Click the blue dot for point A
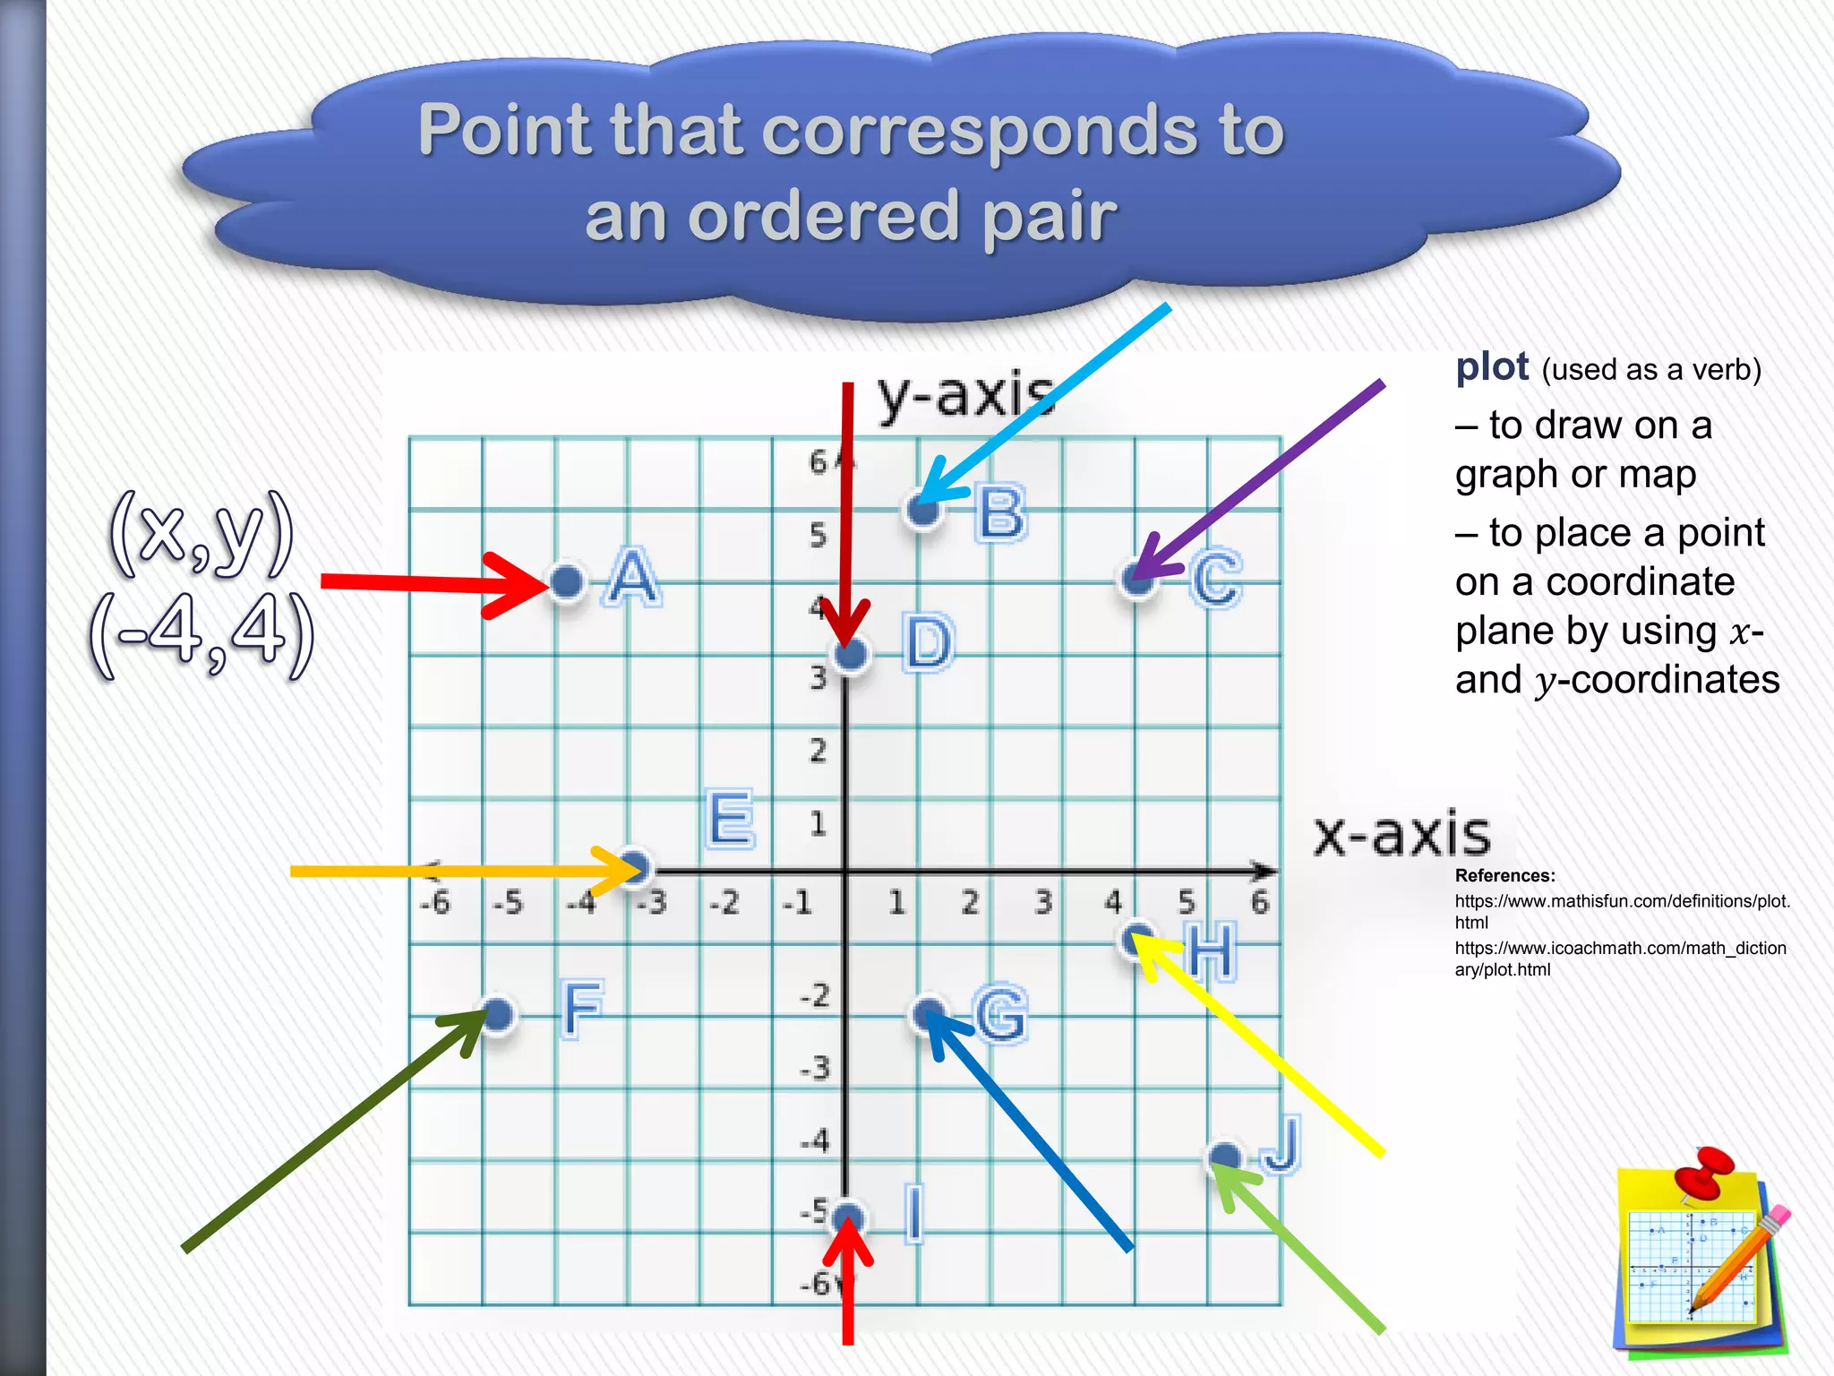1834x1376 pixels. (x=566, y=581)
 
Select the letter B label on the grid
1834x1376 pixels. (x=1000, y=513)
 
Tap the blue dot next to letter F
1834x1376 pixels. (x=498, y=1014)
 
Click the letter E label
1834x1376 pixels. (x=730, y=819)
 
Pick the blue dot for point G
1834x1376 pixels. (x=928, y=1014)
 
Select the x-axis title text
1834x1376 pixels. (x=1401, y=834)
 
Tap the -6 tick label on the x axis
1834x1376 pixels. (x=435, y=903)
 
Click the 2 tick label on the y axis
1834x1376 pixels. (x=818, y=751)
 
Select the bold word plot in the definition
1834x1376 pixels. (x=1492, y=367)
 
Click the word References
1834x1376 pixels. (x=1504, y=875)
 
